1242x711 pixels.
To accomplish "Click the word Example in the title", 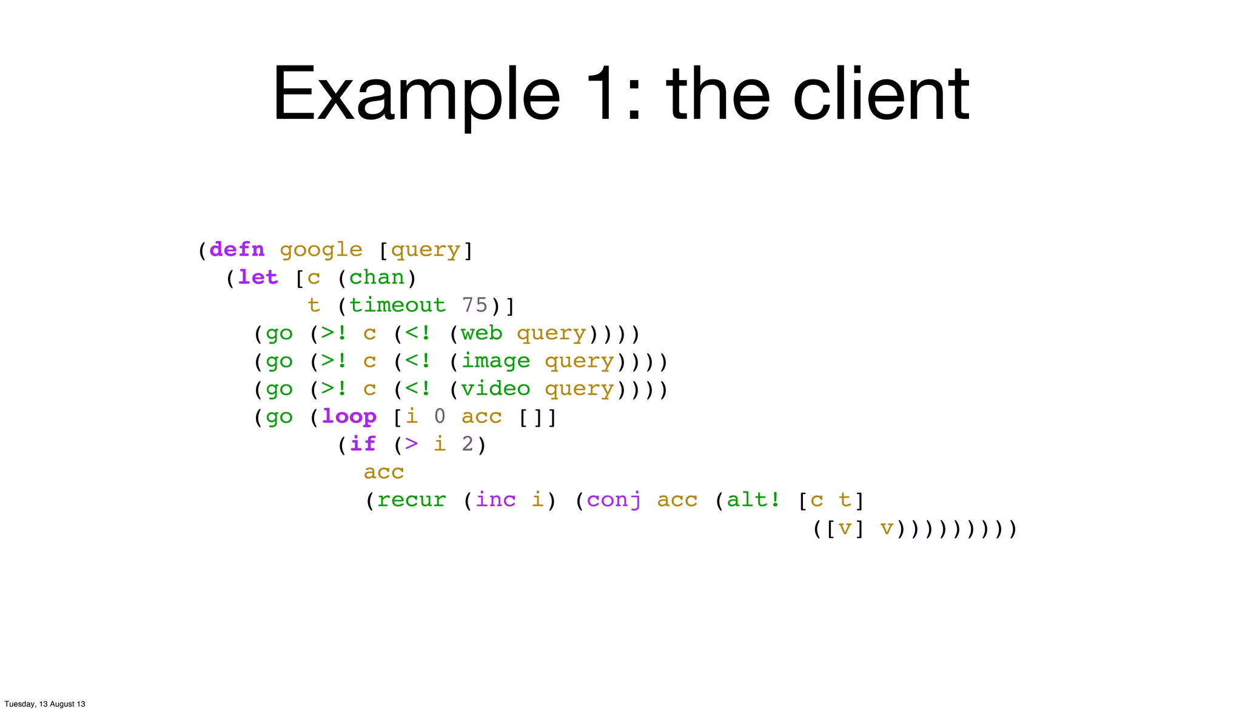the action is (416, 96).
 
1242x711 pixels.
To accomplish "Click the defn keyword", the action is (237, 250).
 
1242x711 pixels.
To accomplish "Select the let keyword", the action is (258, 278).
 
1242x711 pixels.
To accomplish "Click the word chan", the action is (377, 278).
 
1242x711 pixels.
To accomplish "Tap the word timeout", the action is (397, 305).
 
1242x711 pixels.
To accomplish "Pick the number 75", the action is (475, 305).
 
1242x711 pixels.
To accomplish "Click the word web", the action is (482, 333).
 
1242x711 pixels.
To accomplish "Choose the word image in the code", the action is (495, 361).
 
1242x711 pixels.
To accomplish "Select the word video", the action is (495, 389).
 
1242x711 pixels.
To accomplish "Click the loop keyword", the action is (349, 416).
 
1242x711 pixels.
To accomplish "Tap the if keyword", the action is (363, 444).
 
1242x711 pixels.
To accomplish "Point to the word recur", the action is (411, 500).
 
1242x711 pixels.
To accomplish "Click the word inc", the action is (495, 500).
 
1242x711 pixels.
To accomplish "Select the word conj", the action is (614, 501).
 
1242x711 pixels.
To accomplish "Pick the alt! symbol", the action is (753, 500).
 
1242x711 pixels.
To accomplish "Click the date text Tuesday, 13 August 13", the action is (45, 704).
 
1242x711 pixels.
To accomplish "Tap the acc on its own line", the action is (384, 472).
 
